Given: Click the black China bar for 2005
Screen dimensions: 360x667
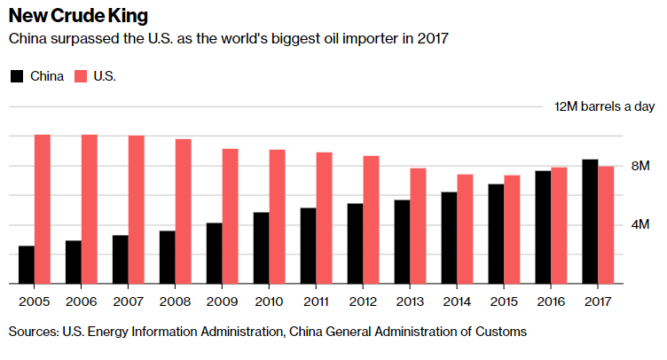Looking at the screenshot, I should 27,264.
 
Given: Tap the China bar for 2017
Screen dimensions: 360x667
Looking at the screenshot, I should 590,221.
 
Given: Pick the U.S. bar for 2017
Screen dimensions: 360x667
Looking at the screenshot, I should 606,224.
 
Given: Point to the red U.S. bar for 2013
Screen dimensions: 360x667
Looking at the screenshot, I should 418,225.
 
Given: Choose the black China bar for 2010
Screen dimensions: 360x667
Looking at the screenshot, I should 262,247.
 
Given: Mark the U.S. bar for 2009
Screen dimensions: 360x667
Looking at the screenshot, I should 230,215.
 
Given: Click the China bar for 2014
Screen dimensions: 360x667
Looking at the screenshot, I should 449,237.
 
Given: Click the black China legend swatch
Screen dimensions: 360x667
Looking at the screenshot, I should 16,76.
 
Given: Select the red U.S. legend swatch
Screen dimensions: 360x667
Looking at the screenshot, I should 80,76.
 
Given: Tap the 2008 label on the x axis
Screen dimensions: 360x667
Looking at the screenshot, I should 175,301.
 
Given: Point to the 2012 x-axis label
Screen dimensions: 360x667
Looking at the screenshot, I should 363,301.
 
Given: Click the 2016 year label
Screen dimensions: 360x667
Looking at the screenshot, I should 551,301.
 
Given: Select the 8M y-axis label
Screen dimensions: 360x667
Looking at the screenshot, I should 640,166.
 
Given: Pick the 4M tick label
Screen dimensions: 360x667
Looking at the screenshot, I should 640,224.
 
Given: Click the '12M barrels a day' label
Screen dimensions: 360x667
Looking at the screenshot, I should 604,106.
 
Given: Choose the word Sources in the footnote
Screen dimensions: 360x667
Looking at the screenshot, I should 31,332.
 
